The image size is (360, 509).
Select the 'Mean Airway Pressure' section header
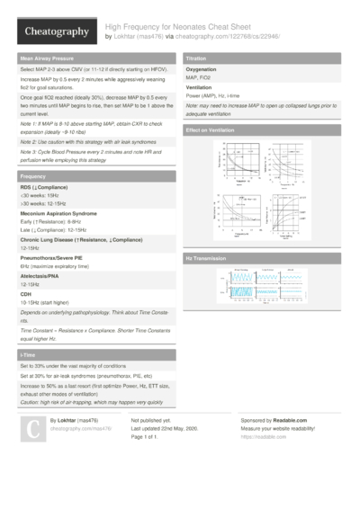(x=48, y=58)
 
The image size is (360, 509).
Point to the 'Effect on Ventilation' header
(x=211, y=130)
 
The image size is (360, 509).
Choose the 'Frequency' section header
(x=33, y=176)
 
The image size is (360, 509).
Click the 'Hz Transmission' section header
(x=206, y=259)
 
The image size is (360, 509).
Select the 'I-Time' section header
(x=29, y=356)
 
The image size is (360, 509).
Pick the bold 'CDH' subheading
(x=26, y=293)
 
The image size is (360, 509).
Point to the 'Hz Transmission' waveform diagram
(x=261, y=287)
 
